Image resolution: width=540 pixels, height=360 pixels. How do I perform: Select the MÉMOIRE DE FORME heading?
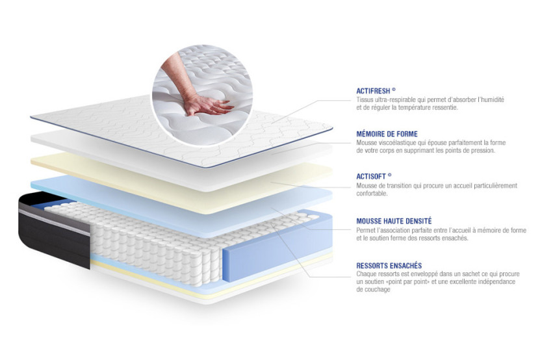(x=387, y=134)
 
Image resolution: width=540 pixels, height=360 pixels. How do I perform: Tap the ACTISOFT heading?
(x=372, y=176)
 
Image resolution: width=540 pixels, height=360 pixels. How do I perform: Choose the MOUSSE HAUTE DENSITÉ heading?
(x=394, y=221)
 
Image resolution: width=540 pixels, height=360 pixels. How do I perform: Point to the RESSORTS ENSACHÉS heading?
(x=389, y=265)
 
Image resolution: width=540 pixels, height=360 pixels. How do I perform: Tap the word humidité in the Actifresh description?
(x=490, y=99)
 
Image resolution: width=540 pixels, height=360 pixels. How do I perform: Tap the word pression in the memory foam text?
(x=481, y=150)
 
